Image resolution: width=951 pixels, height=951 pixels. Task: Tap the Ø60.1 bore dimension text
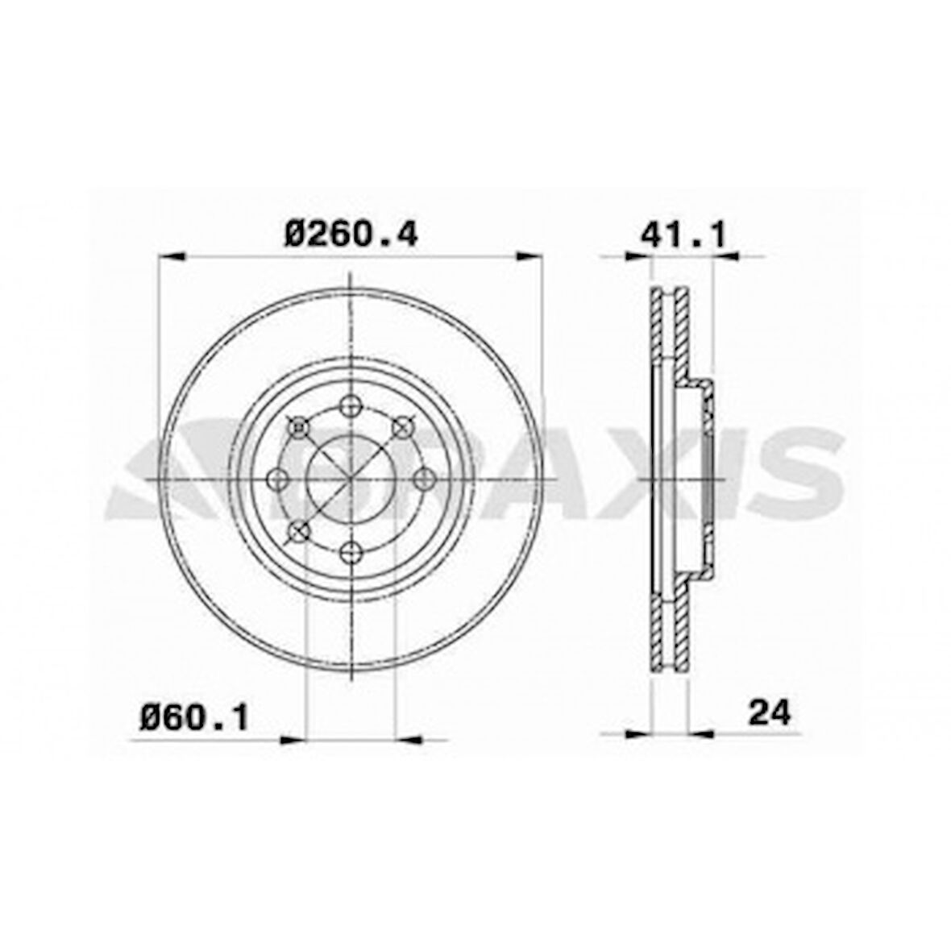(193, 716)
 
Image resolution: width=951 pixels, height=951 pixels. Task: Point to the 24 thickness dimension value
(770, 712)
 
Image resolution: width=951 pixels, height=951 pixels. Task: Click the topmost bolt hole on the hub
(351, 406)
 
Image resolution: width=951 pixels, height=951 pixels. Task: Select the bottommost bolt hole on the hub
(351, 552)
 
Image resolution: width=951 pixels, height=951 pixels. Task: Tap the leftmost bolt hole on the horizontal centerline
(278, 480)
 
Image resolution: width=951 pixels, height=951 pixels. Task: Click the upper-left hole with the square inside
(299, 427)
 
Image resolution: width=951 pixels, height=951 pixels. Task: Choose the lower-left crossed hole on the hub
(299, 531)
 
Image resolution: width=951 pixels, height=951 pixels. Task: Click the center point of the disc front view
(351, 480)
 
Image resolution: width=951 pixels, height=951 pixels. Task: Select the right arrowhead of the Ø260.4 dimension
(529, 257)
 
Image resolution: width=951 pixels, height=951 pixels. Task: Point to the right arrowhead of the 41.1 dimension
(725, 257)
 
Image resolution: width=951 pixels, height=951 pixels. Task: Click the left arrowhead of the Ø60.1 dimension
(293, 737)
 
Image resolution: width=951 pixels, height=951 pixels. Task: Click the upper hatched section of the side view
(671, 330)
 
